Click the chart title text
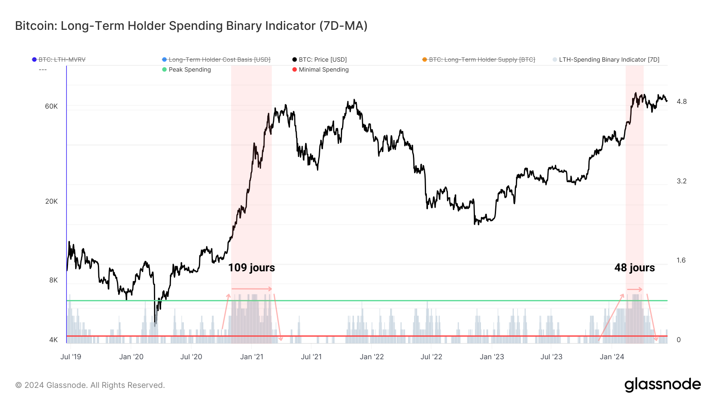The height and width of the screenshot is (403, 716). point(191,26)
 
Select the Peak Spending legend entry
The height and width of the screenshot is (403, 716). point(189,70)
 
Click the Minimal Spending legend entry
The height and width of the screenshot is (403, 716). point(323,70)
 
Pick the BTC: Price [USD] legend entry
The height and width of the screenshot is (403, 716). point(323,60)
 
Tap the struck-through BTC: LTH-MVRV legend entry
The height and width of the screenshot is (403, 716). point(62,60)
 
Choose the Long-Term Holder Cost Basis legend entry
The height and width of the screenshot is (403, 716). point(219,60)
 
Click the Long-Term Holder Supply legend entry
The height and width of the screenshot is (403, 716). point(482,60)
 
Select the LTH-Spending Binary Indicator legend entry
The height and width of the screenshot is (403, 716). point(609,60)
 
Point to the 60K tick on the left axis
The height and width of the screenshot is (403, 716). point(51,106)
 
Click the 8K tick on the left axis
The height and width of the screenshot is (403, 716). point(53,280)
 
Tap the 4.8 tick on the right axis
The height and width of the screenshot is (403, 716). point(681,101)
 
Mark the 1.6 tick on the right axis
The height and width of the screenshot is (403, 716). point(681,260)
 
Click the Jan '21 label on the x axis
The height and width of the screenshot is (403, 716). point(251,357)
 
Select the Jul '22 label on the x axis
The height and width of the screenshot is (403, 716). point(431,357)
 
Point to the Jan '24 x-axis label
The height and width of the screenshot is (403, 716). point(612,357)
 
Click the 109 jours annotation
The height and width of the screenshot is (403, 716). point(251,267)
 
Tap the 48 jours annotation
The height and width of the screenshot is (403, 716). point(634,267)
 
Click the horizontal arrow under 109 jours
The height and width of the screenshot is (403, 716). point(251,289)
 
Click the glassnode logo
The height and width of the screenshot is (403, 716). point(662,385)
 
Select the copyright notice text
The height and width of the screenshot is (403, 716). point(90,385)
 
